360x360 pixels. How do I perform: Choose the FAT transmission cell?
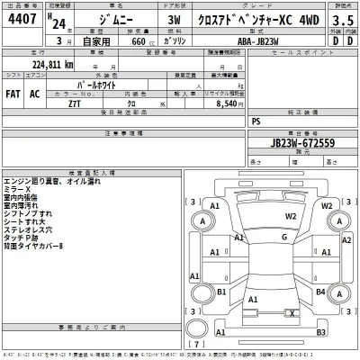[x=14, y=93]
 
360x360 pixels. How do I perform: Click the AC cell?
[x=35, y=93]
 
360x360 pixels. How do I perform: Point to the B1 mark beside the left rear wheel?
[x=221, y=292]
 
